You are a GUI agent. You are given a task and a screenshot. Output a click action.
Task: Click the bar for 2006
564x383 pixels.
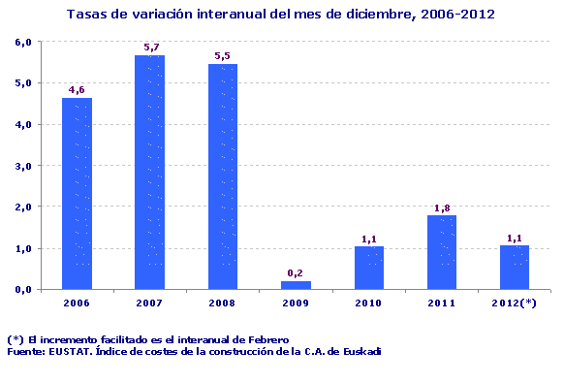tap(77, 193)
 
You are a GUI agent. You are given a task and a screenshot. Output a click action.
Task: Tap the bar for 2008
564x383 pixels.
tap(223, 176)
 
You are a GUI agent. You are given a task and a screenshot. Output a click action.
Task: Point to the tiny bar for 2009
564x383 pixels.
tap(296, 285)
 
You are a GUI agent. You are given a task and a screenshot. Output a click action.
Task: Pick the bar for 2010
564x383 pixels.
tap(368, 268)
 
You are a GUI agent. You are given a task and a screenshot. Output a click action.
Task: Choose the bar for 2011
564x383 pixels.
tap(442, 252)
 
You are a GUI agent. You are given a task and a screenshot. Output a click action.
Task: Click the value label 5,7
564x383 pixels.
tap(150, 47)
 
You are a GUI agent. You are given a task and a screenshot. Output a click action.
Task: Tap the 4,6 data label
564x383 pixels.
tap(78, 90)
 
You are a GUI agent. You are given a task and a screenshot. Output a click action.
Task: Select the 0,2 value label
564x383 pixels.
tap(297, 272)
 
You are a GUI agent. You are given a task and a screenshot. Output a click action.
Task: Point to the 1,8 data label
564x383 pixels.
tap(442, 207)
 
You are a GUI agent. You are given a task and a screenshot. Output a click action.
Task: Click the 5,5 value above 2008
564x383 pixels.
tap(223, 55)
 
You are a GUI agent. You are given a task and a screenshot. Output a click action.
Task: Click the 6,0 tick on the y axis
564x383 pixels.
tap(23, 42)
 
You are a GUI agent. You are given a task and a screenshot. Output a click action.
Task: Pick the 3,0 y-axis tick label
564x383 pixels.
tap(23, 166)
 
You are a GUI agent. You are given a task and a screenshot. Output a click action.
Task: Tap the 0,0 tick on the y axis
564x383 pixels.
tap(23, 289)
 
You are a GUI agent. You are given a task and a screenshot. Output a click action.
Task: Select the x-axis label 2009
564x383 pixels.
tap(296, 303)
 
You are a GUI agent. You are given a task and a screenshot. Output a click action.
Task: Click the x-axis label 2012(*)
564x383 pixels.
tap(515, 303)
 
